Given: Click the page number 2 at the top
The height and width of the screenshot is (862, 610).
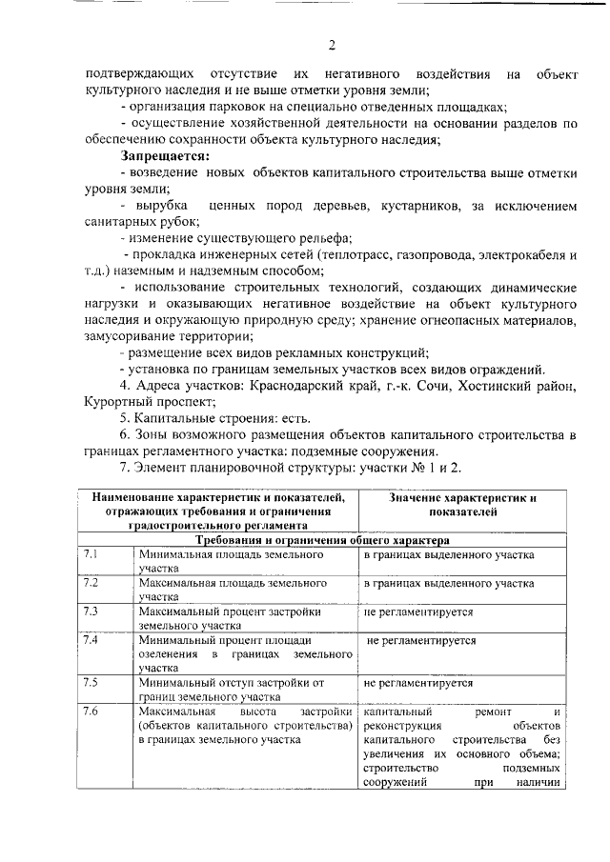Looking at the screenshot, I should (x=332, y=45).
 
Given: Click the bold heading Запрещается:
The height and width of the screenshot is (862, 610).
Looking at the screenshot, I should (x=165, y=156).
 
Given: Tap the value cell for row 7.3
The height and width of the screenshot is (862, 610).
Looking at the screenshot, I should (x=418, y=612).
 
